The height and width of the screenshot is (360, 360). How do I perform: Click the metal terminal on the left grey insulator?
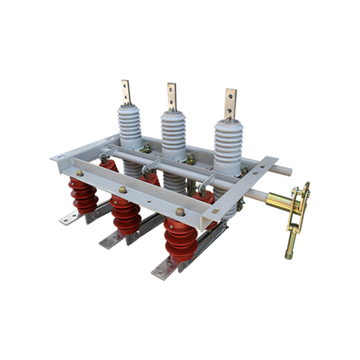coord(127,91)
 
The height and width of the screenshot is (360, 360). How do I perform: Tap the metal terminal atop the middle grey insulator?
coord(172,96)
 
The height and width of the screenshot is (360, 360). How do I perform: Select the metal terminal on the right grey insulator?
coord(230,104)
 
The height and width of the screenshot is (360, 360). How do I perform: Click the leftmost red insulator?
coord(84,196)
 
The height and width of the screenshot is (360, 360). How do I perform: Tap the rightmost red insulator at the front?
coord(179,240)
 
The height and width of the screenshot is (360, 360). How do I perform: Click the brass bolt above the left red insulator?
coord(80,173)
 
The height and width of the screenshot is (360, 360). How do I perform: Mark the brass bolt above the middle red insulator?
coord(123,189)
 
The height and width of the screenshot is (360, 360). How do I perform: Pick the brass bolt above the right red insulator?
coord(180,212)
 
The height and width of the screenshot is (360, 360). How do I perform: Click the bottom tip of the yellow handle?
coord(289,252)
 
